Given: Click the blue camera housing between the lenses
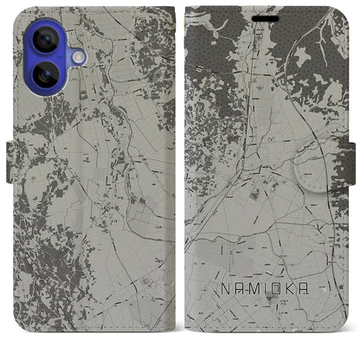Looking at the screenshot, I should coord(32,60).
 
